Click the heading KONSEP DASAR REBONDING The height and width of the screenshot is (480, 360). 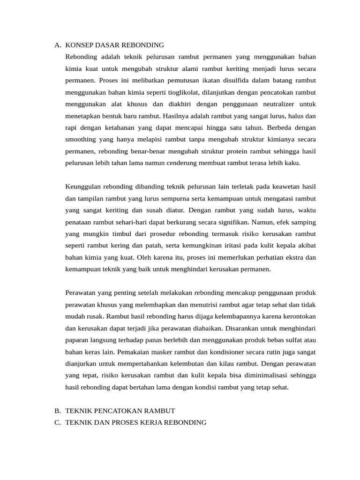(115, 45)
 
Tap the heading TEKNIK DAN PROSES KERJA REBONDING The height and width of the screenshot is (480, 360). (136, 422)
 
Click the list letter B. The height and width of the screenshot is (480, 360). (57, 411)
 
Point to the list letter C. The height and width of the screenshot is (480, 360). (57, 422)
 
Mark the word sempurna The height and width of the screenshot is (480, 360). (190, 198)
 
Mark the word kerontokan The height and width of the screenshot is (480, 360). (297, 316)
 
